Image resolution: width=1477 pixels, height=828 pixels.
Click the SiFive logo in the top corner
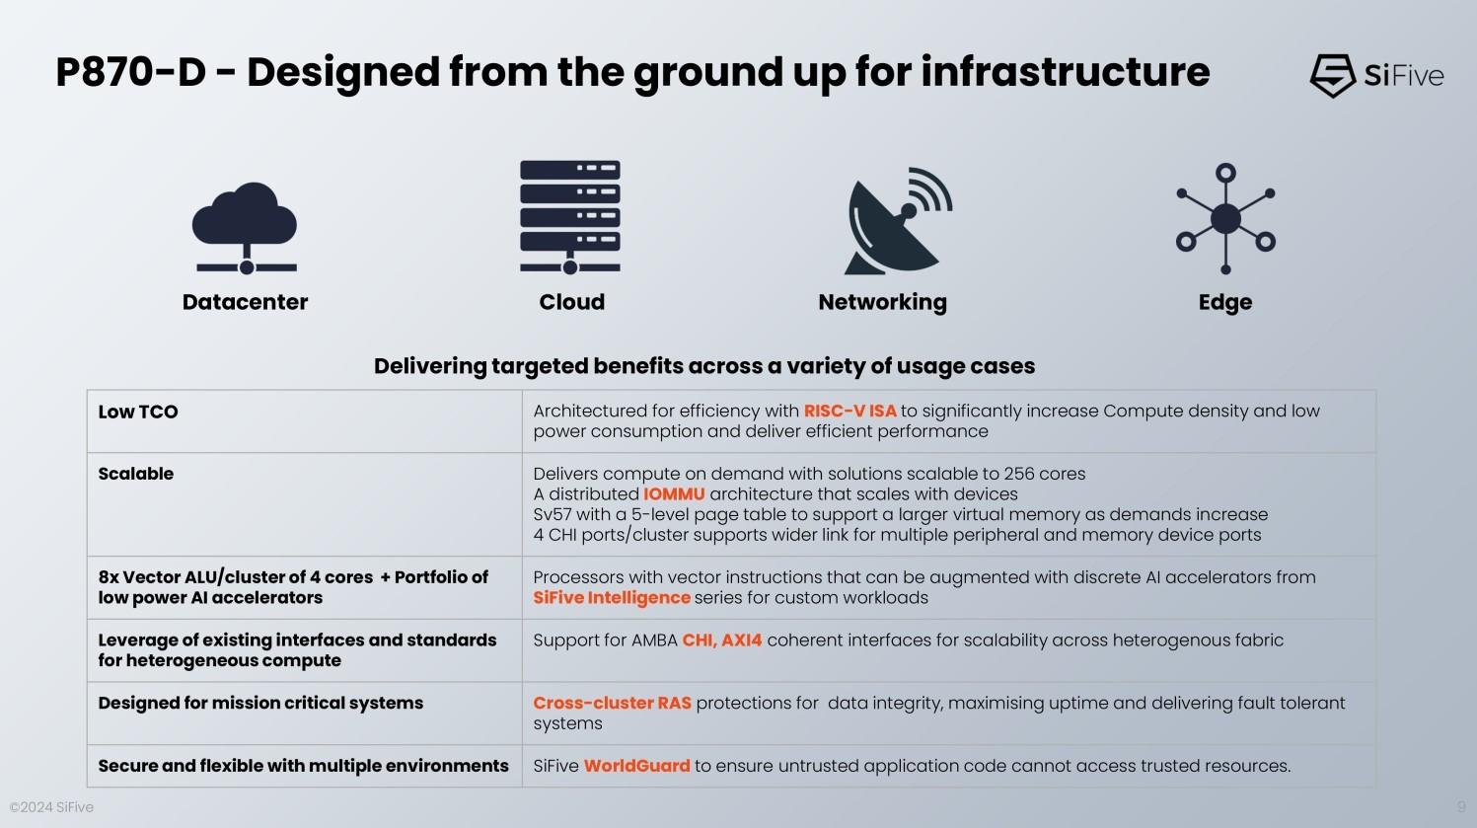(1375, 75)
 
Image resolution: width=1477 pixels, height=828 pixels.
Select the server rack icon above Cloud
(570, 216)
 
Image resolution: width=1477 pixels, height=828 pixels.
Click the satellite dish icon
(896, 221)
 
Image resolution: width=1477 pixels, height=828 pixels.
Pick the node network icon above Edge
(1225, 218)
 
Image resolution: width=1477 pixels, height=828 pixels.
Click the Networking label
(882, 302)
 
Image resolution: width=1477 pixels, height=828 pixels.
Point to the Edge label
(1224, 302)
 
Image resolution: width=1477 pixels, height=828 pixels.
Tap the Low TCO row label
(138, 412)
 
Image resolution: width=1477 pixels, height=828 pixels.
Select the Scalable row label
(136, 474)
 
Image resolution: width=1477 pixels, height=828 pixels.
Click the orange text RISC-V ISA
(849, 411)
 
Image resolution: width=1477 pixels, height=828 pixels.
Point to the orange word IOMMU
(674, 493)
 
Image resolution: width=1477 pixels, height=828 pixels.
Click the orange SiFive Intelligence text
(612, 597)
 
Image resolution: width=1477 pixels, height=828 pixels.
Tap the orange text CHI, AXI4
(722, 640)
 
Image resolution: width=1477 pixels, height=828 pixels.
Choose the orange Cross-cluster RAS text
(612, 703)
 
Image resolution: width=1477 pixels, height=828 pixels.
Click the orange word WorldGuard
(636, 766)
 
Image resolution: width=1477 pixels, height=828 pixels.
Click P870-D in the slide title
(130, 72)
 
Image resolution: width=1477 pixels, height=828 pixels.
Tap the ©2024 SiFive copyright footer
(51, 807)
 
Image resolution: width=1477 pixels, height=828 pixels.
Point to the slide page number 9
(1461, 806)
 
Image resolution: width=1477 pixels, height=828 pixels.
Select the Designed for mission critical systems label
(260, 703)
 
